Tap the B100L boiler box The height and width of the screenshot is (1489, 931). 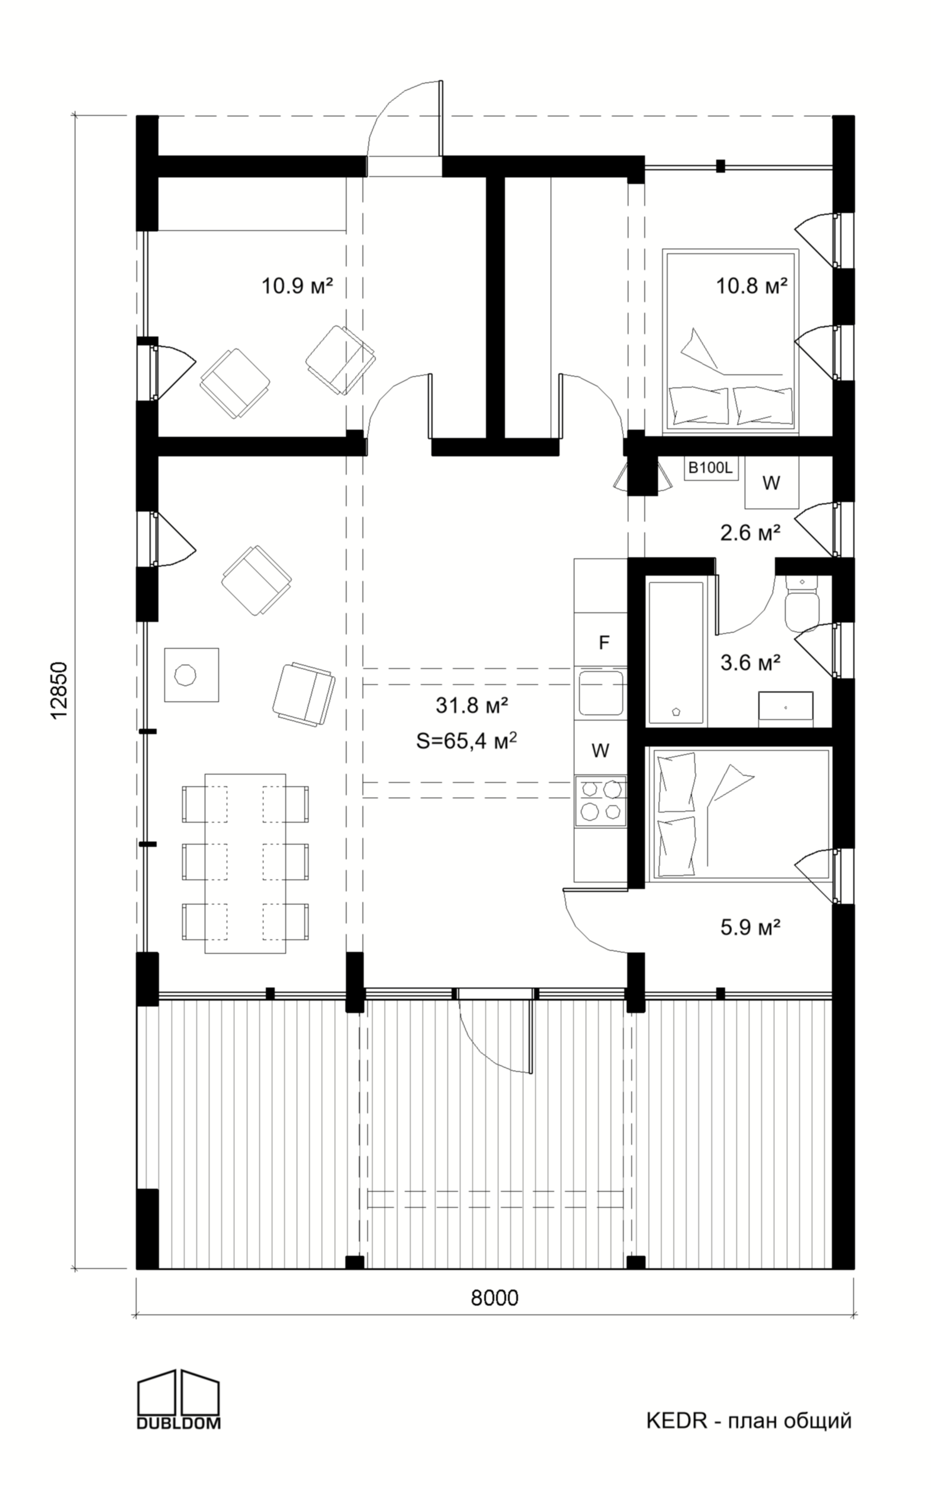711,468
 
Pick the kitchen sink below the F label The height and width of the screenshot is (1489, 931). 600,693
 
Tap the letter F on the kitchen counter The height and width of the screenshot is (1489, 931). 604,643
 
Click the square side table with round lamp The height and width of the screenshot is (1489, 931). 192,674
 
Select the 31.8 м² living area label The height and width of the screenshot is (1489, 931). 472,705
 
